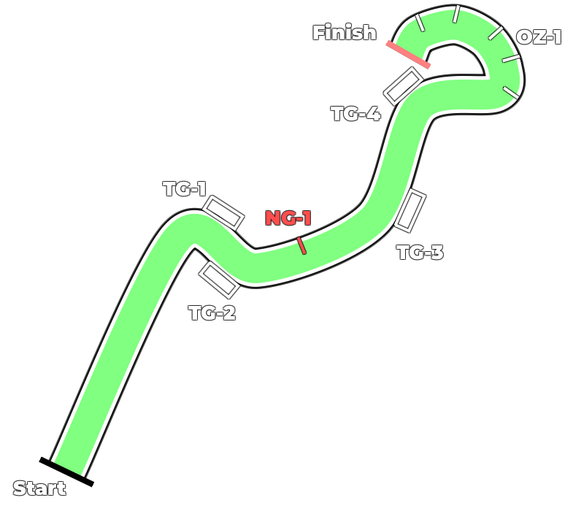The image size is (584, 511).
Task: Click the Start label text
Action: click(39, 488)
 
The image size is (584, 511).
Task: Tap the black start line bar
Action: click(66, 472)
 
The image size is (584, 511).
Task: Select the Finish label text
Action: click(345, 32)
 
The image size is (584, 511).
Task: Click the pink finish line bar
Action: click(408, 55)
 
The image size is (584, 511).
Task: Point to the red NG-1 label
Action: click(288, 218)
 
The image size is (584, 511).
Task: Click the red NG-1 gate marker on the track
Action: click(301, 246)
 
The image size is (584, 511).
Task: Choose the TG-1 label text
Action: click(185, 188)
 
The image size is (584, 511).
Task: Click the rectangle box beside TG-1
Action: click(223, 212)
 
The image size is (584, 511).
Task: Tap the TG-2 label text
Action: click(212, 313)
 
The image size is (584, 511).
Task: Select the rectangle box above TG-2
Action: click(219, 280)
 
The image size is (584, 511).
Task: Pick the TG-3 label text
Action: click(420, 253)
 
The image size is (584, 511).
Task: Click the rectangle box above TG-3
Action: click(410, 211)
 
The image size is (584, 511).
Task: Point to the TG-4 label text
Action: click(356, 114)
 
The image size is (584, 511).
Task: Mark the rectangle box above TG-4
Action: click(404, 86)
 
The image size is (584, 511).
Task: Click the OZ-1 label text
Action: click(539, 37)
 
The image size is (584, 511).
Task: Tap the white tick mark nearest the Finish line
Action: click(420, 23)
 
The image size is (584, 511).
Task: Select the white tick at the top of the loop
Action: click(456, 14)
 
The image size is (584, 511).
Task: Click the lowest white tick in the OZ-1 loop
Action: click(510, 93)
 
